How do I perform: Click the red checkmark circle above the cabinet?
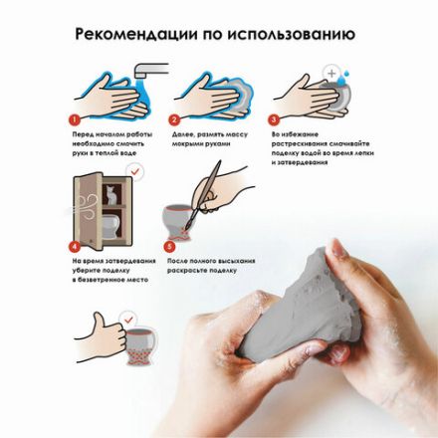(137, 173)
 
